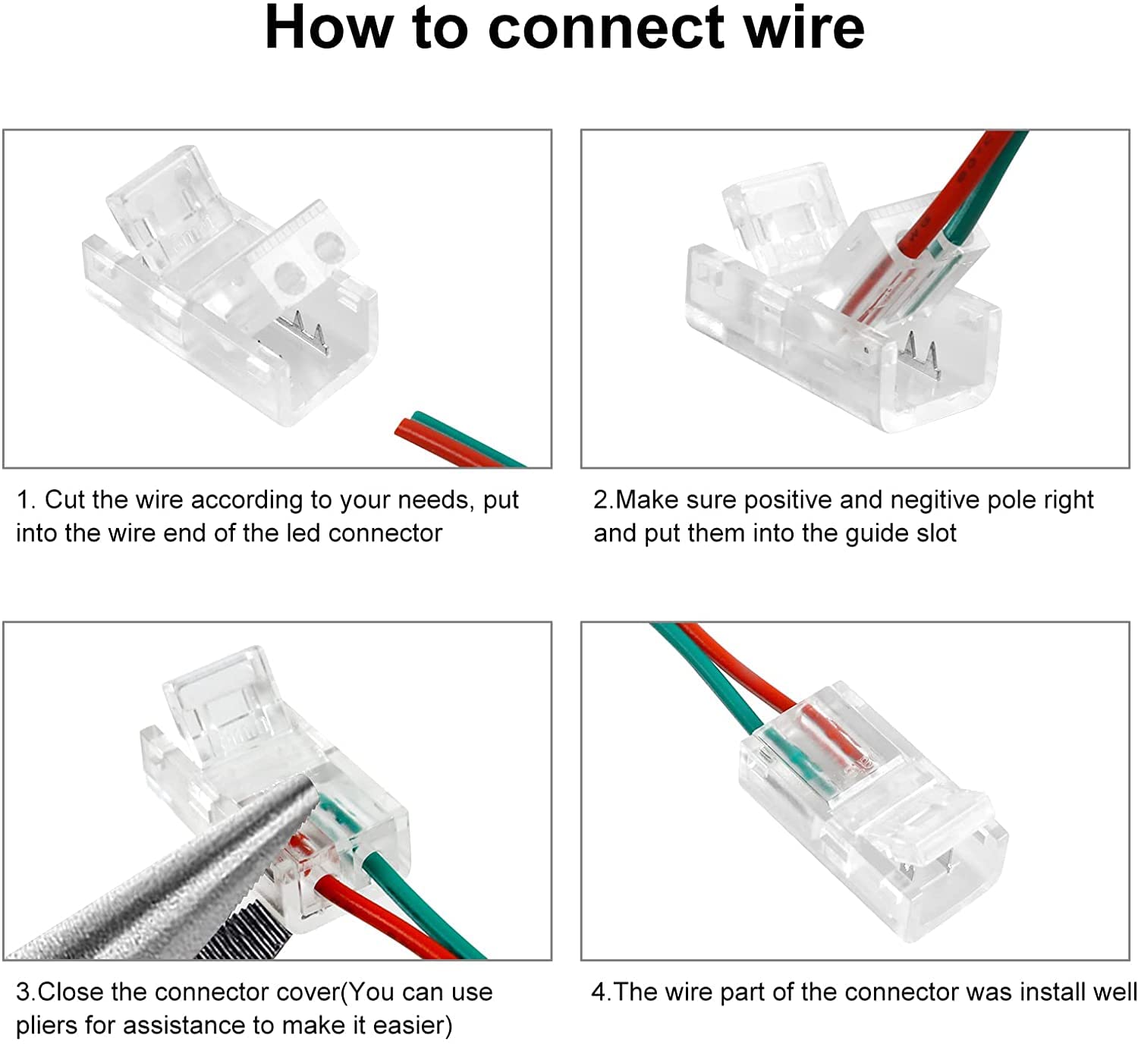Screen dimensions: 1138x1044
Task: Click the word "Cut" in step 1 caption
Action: [x=64, y=500]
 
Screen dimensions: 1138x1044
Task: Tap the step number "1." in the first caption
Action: [x=26, y=500]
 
